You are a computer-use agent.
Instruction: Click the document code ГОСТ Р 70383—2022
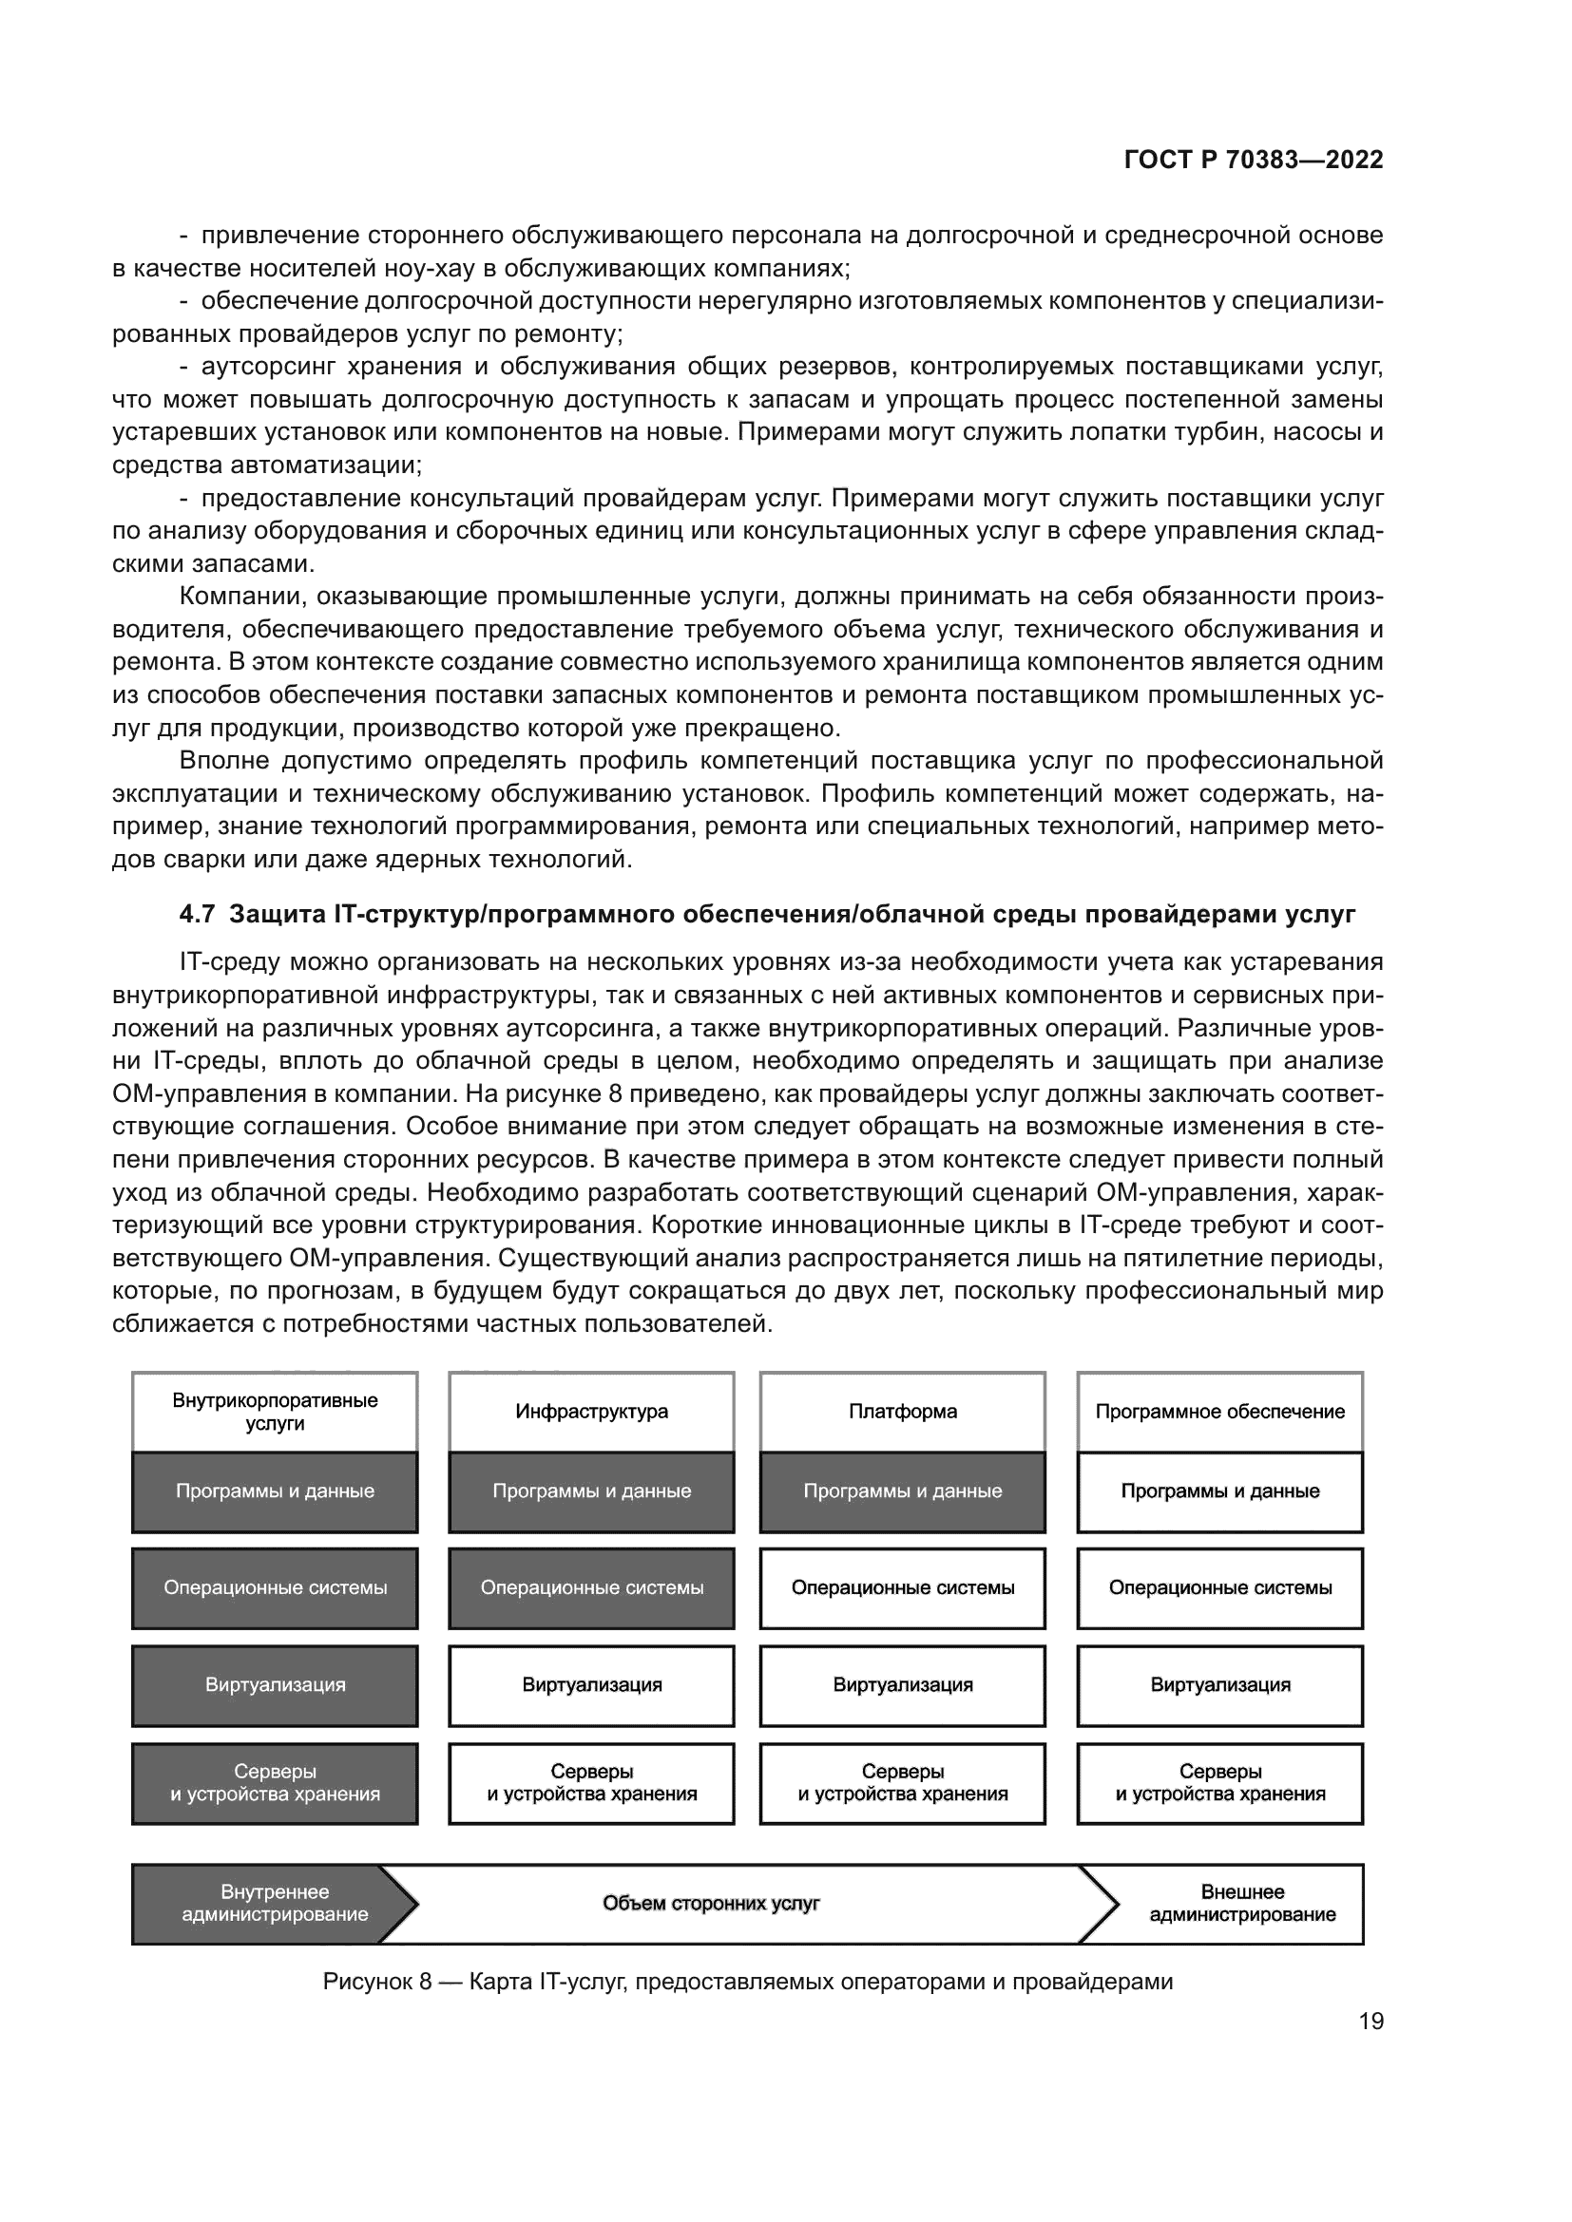(x=1254, y=160)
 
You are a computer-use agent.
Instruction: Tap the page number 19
(x=1371, y=2022)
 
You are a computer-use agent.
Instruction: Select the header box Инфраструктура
(x=591, y=1411)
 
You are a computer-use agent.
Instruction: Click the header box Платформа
(x=902, y=1411)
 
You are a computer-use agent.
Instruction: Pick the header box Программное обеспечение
(x=1219, y=1411)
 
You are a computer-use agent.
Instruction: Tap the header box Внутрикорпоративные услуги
(x=275, y=1411)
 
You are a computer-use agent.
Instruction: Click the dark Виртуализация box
(x=275, y=1685)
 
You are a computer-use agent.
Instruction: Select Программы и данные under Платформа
(x=902, y=1491)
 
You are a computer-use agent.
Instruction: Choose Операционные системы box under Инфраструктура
(x=591, y=1588)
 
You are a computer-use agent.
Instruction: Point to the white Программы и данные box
(x=1219, y=1491)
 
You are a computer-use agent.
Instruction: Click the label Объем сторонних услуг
(x=712, y=1904)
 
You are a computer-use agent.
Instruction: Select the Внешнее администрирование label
(x=1242, y=1904)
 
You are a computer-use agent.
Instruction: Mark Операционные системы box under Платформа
(x=902, y=1588)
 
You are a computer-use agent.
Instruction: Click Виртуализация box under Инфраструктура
(x=591, y=1685)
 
